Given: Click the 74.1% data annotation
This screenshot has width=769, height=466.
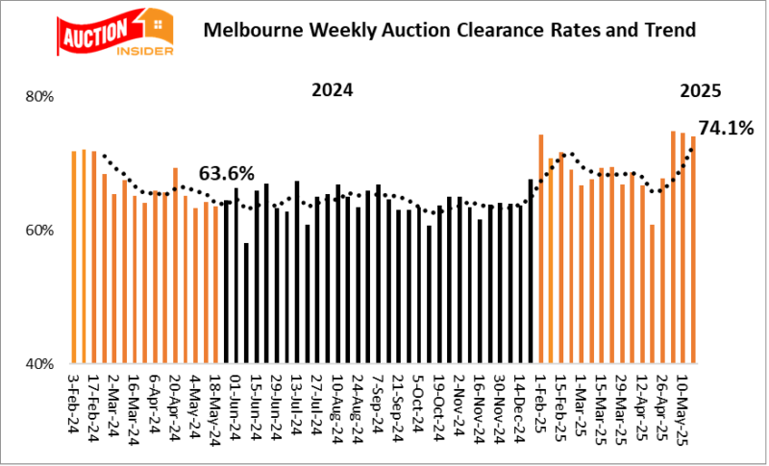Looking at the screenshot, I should (x=725, y=127).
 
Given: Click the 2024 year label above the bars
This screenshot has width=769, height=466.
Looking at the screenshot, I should (x=332, y=91).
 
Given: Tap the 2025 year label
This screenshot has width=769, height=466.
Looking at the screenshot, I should (x=701, y=92).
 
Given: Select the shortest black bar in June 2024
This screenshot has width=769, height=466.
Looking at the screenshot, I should (x=246, y=304).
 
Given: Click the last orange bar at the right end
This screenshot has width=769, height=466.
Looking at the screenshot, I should (x=693, y=251).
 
